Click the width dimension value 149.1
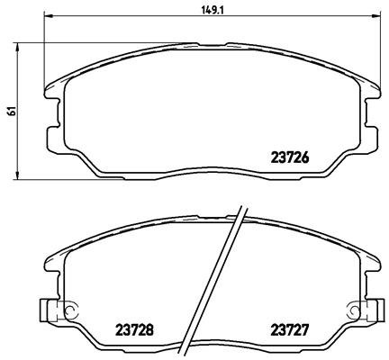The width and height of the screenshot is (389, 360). pyautogui.click(x=213, y=11)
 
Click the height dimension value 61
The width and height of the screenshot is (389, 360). pyautogui.click(x=12, y=111)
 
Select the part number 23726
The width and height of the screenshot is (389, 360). pyautogui.click(x=290, y=157)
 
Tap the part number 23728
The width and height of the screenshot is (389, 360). pyautogui.click(x=134, y=330)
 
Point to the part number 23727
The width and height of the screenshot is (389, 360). pyautogui.click(x=290, y=330)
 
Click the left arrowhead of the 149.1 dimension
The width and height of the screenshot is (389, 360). pyautogui.click(x=49, y=14)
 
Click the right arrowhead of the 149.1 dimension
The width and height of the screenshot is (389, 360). pyautogui.click(x=376, y=14)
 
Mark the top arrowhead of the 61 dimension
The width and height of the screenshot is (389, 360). pyautogui.click(x=17, y=48)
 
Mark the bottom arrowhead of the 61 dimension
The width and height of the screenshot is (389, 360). pyautogui.click(x=17, y=175)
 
